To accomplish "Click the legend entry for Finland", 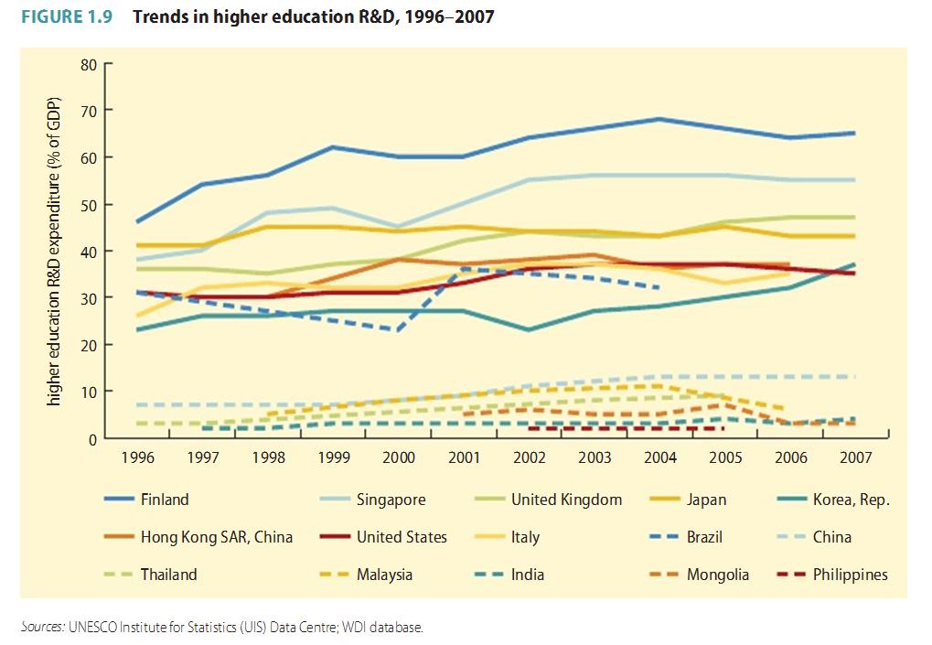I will point(165,500).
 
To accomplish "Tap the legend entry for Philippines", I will point(850,575).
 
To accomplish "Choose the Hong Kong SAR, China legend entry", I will point(216,537).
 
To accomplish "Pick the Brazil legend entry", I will point(704,537).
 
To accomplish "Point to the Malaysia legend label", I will point(384,575).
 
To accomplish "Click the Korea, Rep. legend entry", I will point(851,500).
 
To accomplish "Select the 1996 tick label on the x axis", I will point(138,457).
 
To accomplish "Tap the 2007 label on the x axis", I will point(854,457).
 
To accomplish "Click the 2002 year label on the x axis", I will point(529,457).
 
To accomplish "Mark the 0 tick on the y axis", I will point(91,439).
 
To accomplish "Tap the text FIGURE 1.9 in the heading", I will point(67,17).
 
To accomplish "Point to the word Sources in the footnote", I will point(42,627).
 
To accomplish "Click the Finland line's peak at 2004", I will point(659,119).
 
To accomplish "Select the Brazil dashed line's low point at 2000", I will point(399,329).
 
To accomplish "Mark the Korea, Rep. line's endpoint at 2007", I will point(854,264).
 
